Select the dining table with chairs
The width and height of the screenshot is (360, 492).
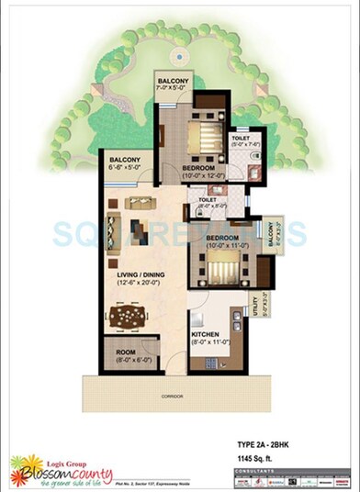click(x=128, y=316)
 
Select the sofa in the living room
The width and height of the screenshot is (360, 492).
click(x=114, y=225)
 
